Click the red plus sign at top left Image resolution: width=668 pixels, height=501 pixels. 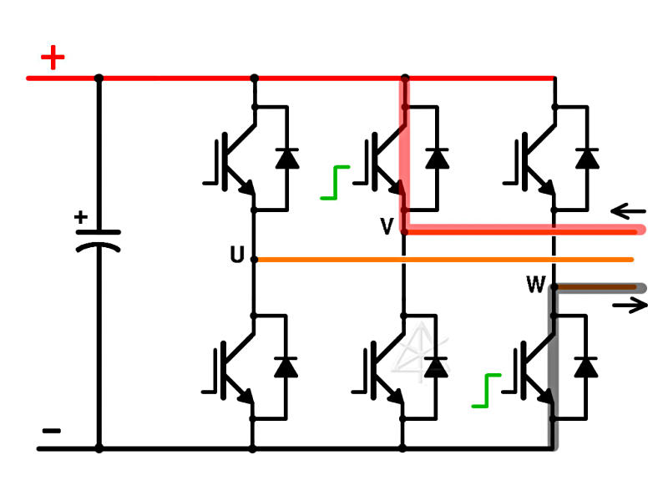[53, 58]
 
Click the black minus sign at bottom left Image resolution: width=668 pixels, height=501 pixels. [51, 431]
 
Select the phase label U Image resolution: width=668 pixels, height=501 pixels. [237, 256]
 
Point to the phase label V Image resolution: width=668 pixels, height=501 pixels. [387, 226]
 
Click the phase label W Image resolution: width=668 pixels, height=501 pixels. [535, 286]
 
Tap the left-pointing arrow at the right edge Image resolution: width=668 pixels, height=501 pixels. [628, 210]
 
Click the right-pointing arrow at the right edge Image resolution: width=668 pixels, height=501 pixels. [630, 306]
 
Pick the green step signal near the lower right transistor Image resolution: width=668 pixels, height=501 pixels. [486, 391]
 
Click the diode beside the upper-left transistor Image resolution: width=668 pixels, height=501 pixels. [286, 158]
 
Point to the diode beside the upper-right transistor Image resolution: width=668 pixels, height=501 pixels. [587, 158]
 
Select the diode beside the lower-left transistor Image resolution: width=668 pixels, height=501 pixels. [286, 367]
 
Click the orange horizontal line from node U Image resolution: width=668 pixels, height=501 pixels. [443, 260]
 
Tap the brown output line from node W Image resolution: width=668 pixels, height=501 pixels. [597, 288]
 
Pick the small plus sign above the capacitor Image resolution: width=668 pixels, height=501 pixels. [80, 218]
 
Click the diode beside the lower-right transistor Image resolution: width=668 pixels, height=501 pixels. [587, 367]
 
